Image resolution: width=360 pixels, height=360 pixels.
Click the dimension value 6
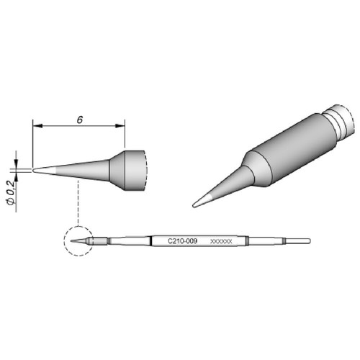click(x=80, y=120)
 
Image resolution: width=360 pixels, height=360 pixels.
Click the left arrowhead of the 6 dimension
click(x=37, y=126)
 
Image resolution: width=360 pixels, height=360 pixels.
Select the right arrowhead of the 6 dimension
click(x=120, y=126)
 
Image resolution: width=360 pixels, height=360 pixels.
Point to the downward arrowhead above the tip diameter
click(x=16, y=163)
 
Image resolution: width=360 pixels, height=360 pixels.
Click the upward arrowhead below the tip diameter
click(x=16, y=176)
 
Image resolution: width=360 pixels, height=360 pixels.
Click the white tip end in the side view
click(x=45, y=170)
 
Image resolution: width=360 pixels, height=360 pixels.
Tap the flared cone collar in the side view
click(x=117, y=170)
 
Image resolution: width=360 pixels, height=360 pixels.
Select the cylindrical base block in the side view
click(x=135, y=170)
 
